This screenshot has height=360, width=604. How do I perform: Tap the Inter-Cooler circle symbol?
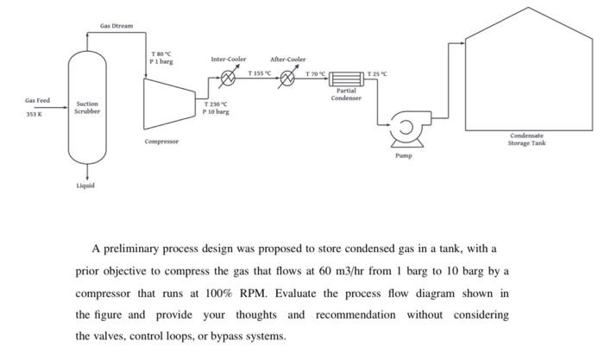[229, 80]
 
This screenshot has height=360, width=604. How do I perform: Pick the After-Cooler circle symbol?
[287, 80]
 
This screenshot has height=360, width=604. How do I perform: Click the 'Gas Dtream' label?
[116, 26]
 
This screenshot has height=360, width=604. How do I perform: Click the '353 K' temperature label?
[36, 114]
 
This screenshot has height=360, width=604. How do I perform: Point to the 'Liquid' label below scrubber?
[87, 185]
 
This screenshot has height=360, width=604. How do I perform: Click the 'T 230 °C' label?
[216, 104]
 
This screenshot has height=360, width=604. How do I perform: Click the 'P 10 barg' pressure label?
[216, 111]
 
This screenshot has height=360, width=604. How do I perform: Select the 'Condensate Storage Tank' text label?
[527, 139]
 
